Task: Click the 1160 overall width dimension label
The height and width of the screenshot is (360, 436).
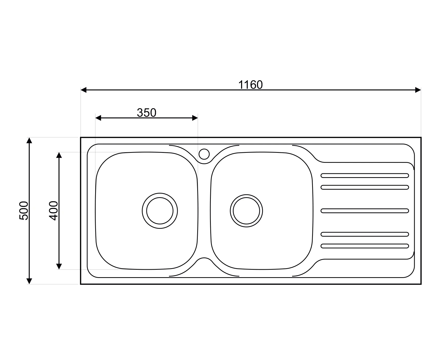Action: coord(251,85)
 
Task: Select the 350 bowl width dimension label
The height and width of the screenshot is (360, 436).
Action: coord(146,113)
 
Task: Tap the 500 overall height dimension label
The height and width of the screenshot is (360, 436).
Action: coord(24,211)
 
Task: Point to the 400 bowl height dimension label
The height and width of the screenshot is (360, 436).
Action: coord(54,211)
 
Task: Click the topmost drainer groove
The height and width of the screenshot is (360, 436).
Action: coord(365,175)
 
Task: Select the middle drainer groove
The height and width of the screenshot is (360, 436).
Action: coord(365,211)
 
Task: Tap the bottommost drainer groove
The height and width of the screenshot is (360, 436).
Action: coord(365,246)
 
